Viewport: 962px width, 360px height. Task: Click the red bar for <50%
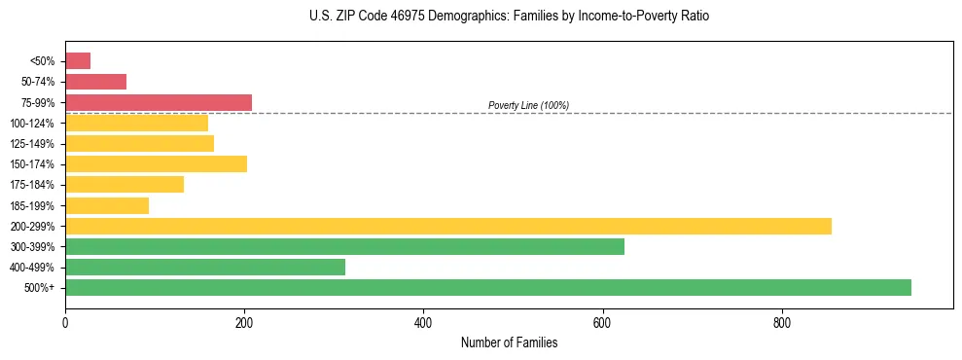78,61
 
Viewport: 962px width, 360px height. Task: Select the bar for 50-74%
95,82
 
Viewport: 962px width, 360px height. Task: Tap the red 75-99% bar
159,102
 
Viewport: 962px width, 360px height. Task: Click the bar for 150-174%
156,163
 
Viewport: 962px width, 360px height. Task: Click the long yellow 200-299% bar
448,226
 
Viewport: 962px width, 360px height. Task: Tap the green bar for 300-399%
344,246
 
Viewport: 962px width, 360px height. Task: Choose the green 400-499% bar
205,267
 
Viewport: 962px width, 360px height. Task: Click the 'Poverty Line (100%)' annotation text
528,105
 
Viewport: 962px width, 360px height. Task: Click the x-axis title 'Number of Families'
509,342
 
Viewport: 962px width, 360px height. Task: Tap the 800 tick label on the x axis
781,322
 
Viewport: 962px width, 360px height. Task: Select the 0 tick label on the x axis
65,322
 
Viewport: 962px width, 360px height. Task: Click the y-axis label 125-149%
33,144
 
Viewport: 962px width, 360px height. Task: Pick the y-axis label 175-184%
33,185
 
